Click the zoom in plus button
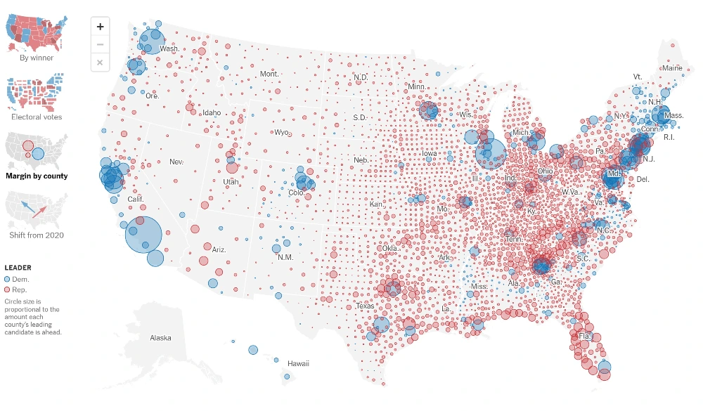(x=100, y=27)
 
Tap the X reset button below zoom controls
(x=100, y=63)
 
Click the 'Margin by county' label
(x=37, y=176)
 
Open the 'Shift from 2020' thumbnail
(x=36, y=208)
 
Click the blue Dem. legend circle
(x=8, y=280)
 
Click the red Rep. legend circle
(x=8, y=289)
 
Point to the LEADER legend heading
(x=18, y=268)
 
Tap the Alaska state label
(x=160, y=338)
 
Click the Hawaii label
(x=298, y=363)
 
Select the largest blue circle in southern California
(x=145, y=235)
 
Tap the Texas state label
(x=365, y=306)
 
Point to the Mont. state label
(x=269, y=74)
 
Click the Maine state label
(x=671, y=68)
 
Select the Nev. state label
(x=176, y=162)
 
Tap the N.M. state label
(x=285, y=257)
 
